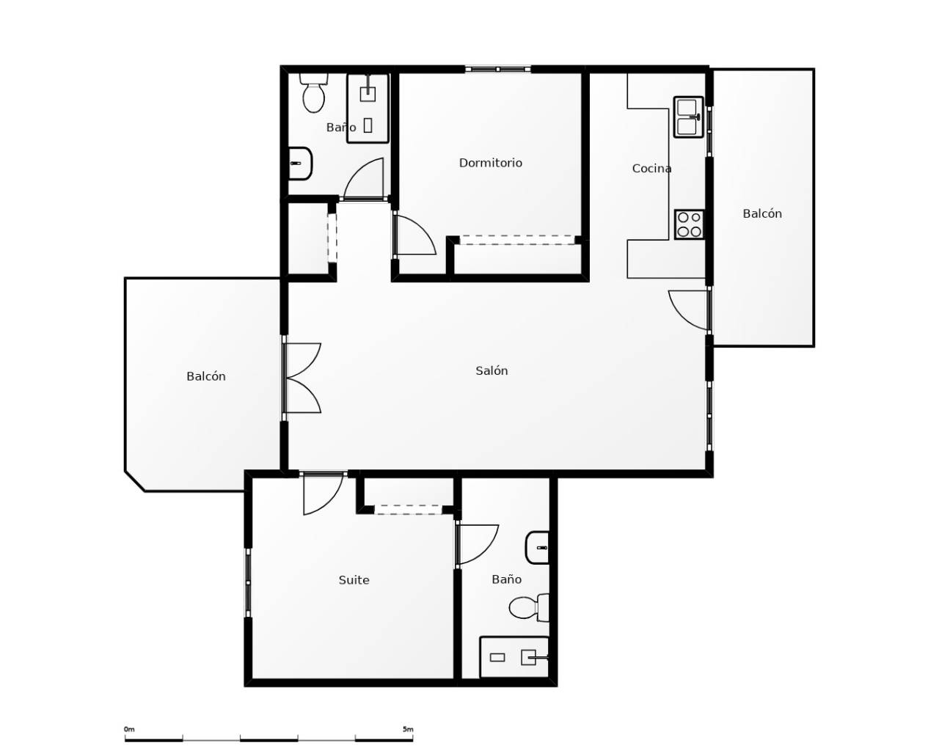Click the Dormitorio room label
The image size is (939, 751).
[x=491, y=163]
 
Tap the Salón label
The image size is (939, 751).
[x=492, y=370]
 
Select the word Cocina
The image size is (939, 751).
[x=651, y=169]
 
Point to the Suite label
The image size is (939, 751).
[x=354, y=580]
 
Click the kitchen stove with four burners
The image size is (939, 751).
[x=690, y=224]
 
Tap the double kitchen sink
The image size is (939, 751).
[x=689, y=117]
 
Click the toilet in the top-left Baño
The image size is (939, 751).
[x=314, y=93]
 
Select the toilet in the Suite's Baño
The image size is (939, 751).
[x=529, y=607]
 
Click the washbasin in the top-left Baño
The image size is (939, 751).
[x=301, y=164]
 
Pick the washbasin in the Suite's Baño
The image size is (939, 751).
[x=538, y=548]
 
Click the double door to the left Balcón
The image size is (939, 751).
[x=302, y=378]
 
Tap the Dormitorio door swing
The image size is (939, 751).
[x=415, y=233]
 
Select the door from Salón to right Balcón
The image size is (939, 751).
[x=690, y=310]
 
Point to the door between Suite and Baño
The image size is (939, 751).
[x=477, y=545]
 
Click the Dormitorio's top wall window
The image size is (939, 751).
[x=498, y=69]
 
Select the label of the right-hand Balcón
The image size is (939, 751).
[x=762, y=214]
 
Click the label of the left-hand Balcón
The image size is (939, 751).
[x=206, y=376]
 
